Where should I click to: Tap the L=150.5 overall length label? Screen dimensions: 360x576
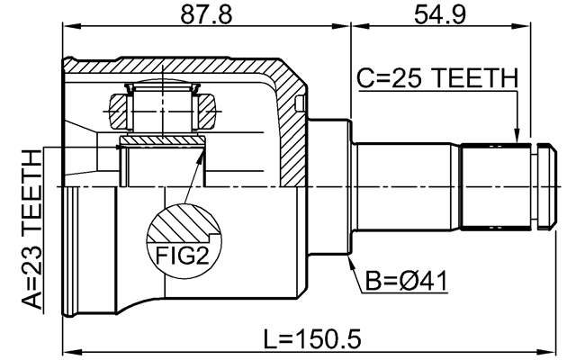pyautogui.click(x=311, y=339)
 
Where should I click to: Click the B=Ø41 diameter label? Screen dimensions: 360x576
pyautogui.click(x=406, y=286)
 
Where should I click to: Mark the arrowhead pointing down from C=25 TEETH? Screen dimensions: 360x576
pyautogui.click(x=517, y=136)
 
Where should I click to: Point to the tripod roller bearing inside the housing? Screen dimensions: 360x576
pyautogui.click(x=162, y=112)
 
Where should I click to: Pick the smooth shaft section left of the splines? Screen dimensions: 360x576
pyautogui.click(x=405, y=184)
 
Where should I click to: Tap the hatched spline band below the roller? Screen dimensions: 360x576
pyautogui.click(x=162, y=141)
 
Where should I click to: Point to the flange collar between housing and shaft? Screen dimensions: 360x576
pyautogui.click(x=328, y=184)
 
